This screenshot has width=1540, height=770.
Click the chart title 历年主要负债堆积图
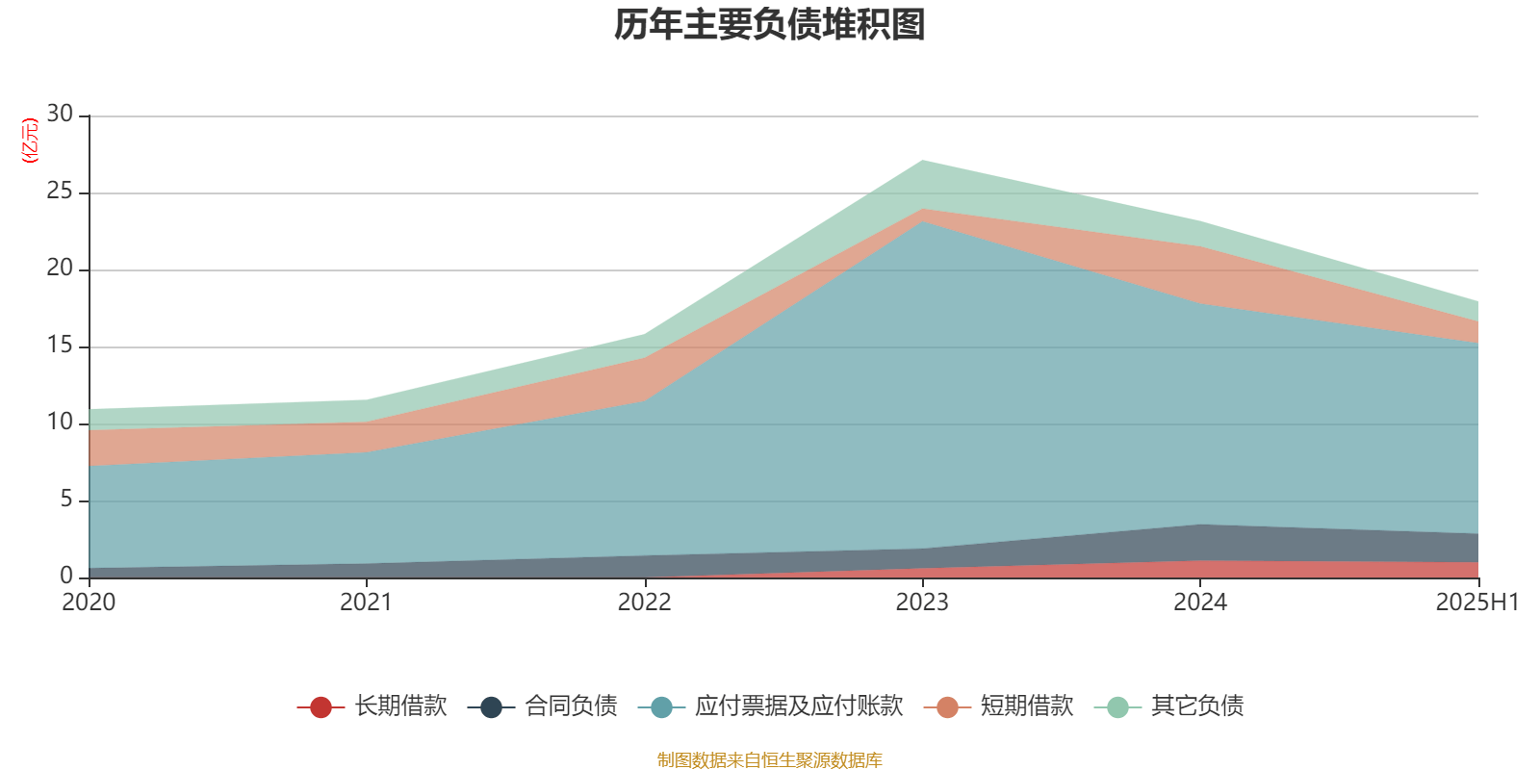(770, 25)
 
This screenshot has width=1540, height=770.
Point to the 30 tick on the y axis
(60, 114)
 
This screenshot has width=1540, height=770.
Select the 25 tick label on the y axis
(60, 192)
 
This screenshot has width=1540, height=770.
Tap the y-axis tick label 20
(60, 269)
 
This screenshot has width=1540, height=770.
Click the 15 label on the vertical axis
(60, 346)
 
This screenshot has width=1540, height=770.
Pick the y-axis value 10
(60, 423)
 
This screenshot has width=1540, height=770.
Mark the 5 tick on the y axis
(66, 500)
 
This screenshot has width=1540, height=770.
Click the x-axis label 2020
(89, 603)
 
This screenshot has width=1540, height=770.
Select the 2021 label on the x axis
(366, 603)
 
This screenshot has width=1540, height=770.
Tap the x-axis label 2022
(644, 603)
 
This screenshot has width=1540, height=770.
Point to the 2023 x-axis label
(922, 603)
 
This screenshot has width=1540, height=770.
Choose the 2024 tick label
(1200, 603)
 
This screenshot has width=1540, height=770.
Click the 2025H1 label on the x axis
(1476, 603)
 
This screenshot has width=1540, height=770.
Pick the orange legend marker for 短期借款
(947, 707)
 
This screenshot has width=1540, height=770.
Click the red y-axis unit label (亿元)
(30, 141)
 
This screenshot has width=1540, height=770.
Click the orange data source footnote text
(770, 760)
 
